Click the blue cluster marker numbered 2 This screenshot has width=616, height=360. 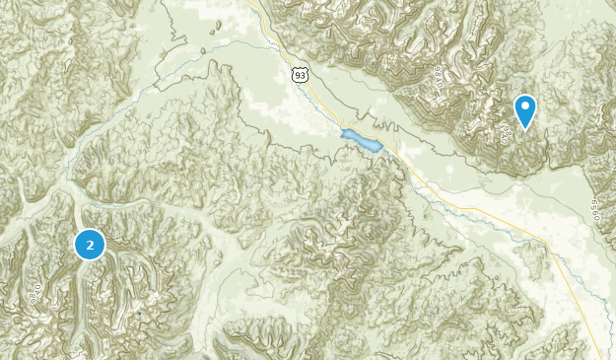click(90, 244)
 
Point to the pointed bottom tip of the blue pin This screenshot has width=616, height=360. click(525, 130)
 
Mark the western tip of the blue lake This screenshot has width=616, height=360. click(341, 132)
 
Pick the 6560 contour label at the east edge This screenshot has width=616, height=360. click(594, 209)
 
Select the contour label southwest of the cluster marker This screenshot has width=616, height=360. click(34, 293)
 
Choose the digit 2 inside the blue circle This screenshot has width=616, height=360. click(90, 244)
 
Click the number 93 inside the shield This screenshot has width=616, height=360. click(298, 73)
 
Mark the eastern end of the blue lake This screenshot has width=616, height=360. click(379, 149)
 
